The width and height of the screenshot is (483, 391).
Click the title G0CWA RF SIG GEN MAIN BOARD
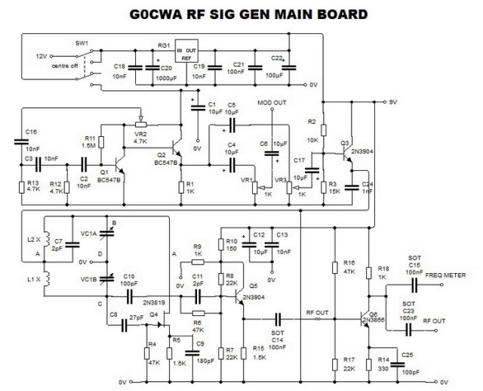241,13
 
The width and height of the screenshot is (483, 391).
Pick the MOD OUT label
272,103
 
